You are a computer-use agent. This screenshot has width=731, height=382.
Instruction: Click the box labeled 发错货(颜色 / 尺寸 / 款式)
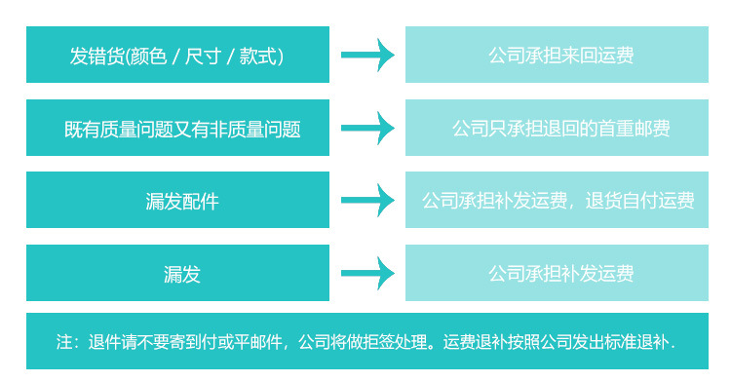[x=177, y=55]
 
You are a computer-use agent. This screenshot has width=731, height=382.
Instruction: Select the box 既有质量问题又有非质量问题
[x=177, y=128]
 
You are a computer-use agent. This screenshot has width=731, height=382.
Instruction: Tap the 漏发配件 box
[x=177, y=201]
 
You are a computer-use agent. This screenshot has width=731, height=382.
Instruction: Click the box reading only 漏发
[x=177, y=274]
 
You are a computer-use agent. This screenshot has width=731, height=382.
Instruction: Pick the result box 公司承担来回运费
[x=558, y=55]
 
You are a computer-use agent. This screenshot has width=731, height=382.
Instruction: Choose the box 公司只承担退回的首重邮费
[x=558, y=128]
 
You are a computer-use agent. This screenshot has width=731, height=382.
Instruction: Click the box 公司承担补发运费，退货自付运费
[x=558, y=201]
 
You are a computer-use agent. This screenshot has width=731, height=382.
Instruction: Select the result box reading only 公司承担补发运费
[x=558, y=274]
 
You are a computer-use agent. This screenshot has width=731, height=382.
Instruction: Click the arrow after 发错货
[x=367, y=55]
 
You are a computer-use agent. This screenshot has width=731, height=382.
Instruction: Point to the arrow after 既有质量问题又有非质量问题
[x=367, y=128]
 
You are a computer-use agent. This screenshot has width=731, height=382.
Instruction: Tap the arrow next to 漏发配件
[x=367, y=201]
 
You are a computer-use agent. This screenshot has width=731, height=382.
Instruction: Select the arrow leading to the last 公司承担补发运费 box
[x=367, y=274]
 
